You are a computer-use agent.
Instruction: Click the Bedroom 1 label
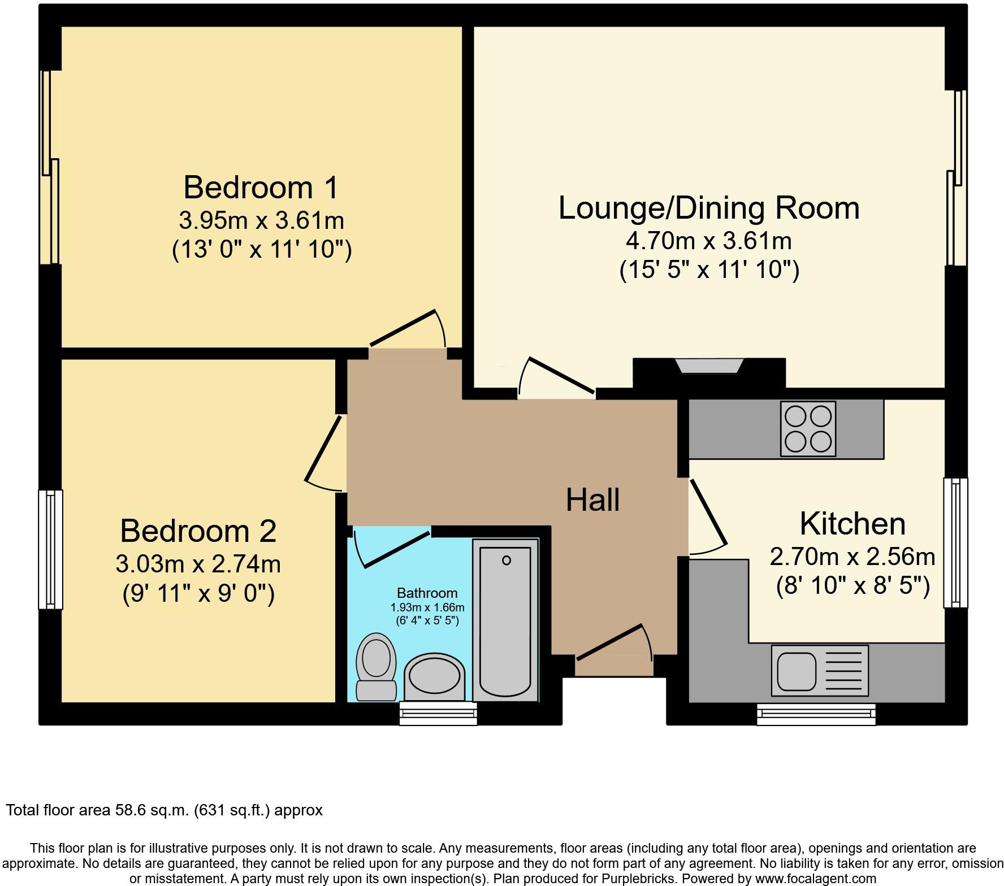pos(261,188)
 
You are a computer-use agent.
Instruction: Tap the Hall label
pos(592,500)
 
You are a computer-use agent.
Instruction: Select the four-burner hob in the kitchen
pos(808,428)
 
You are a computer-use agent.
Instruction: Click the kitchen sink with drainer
pos(820,671)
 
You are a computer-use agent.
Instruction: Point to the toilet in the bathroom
pos(376,667)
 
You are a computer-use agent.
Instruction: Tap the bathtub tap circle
pos(507,560)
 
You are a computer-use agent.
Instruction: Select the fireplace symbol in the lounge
pos(709,366)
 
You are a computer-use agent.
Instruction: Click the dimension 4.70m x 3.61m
pos(708,241)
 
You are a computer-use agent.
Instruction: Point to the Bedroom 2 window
pos(50,549)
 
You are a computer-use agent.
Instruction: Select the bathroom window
pos(438,713)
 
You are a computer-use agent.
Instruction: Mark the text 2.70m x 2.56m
pos(852,557)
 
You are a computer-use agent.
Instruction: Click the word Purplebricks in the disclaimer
pos(641,879)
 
